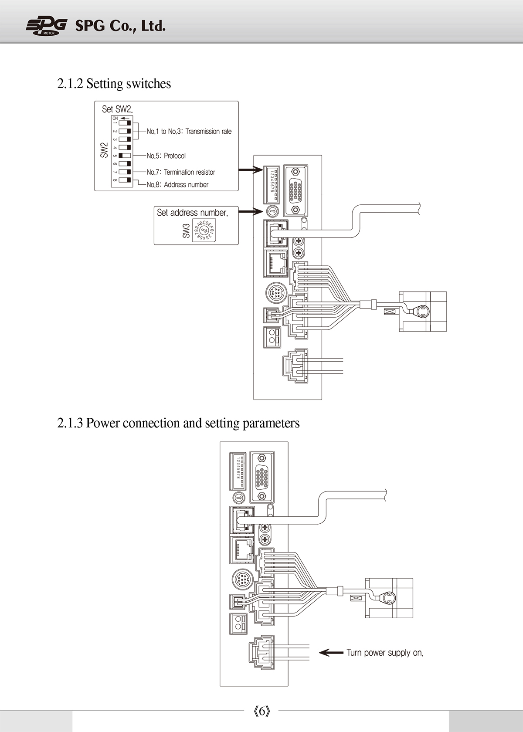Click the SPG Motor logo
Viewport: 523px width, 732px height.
(x=46, y=26)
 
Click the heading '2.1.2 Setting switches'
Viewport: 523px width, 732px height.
(x=114, y=84)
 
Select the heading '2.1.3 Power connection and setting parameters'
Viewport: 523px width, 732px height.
(x=179, y=423)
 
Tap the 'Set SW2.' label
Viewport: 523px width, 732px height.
(x=117, y=109)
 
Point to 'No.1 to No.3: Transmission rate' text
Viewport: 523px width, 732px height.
(x=189, y=132)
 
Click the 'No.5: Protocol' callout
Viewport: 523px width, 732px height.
(x=166, y=156)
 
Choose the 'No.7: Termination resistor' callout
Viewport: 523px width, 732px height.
(x=181, y=172)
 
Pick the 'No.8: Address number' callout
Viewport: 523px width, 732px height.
(x=177, y=185)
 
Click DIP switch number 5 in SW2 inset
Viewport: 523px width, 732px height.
(x=125, y=156)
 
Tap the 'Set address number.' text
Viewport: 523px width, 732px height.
(x=192, y=213)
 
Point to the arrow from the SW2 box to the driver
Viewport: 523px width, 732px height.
(x=251, y=170)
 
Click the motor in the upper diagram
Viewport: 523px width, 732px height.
(x=423, y=312)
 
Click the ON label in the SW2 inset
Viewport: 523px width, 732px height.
(x=115, y=119)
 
